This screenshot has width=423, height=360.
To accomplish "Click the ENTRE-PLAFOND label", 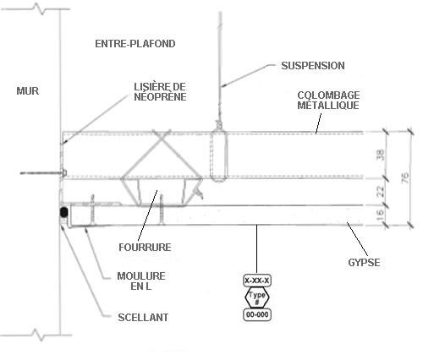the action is (135, 44).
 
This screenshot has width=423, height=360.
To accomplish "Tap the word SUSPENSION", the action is (313, 66).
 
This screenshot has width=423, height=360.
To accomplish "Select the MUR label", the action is (28, 91).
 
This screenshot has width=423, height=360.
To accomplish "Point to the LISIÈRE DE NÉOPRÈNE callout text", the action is (160, 91).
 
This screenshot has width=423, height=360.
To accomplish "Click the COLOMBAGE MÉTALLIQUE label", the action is (328, 100).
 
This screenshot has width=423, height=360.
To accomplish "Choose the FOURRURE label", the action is (145, 248).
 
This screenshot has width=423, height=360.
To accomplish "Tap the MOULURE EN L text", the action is (141, 281).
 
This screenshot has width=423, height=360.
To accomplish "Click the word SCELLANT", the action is (143, 318).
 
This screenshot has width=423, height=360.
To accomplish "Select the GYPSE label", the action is (364, 263).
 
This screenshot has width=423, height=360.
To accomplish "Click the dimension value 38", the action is (381, 155).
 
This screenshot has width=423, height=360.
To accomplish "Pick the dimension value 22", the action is (381, 191).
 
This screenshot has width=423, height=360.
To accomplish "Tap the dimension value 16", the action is (381, 215).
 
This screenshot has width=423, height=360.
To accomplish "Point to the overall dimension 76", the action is (405, 178).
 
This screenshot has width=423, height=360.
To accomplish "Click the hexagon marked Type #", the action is (257, 297).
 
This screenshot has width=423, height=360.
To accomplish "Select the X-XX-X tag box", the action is (257, 281).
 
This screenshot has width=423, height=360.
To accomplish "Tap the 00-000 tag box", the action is (257, 314).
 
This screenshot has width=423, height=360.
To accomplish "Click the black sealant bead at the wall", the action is (64, 212).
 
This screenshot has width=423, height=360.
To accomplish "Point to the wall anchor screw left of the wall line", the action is (43, 172).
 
